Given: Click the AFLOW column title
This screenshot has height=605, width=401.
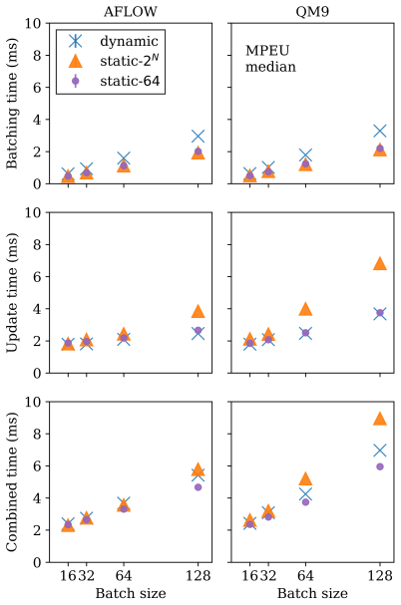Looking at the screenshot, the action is (131, 12).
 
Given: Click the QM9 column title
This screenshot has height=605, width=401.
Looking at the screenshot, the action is (312, 12).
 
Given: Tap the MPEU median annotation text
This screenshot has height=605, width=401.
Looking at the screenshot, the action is (270, 59).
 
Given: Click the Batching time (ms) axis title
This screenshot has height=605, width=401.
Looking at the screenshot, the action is (12, 104).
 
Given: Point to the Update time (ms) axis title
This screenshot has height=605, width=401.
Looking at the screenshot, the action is (12, 293).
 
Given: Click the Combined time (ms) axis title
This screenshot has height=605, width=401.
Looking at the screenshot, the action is (12, 482).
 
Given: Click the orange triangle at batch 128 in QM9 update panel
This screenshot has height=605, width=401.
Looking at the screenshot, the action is (380, 264).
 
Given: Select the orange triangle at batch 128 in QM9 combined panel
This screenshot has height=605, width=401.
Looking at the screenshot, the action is (380, 420).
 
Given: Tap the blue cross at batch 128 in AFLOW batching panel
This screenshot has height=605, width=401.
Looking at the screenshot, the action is (198, 137).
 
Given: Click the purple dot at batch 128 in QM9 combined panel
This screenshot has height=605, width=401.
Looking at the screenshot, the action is (380, 466).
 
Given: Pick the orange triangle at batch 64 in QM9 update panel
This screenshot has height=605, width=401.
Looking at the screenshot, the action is (305, 309).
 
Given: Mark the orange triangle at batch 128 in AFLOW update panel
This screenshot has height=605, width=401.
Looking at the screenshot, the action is (198, 312).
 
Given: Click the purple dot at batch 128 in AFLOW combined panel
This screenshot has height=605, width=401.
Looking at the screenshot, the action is (198, 487).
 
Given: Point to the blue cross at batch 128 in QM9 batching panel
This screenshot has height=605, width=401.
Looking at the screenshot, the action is (380, 132).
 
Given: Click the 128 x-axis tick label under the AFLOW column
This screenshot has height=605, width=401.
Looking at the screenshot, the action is (198, 576).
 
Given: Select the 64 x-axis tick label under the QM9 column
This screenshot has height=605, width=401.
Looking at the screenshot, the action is (305, 576).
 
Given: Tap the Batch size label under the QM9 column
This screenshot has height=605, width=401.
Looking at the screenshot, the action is (312, 593).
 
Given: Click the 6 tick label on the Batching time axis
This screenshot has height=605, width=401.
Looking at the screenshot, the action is (36, 88).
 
